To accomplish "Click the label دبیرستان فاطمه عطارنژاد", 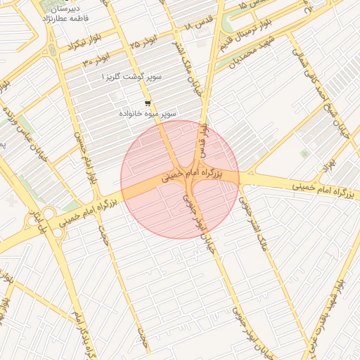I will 71,14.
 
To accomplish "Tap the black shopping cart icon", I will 147,102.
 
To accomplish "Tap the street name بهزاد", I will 330,162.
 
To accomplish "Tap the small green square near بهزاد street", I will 304,153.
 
